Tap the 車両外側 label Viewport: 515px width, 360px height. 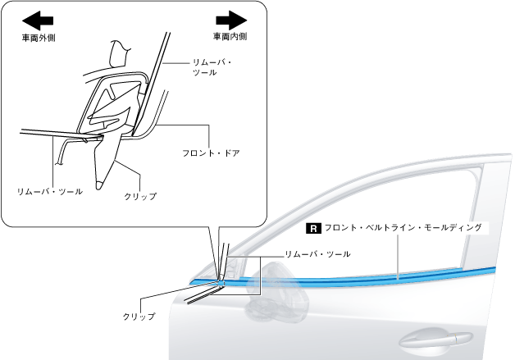tap(39, 37)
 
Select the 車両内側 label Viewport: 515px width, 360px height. tap(230, 37)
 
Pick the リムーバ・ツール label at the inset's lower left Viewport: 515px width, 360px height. tap(49, 189)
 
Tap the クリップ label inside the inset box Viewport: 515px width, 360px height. tap(139, 195)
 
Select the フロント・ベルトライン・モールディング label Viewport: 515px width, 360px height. tap(402, 227)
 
